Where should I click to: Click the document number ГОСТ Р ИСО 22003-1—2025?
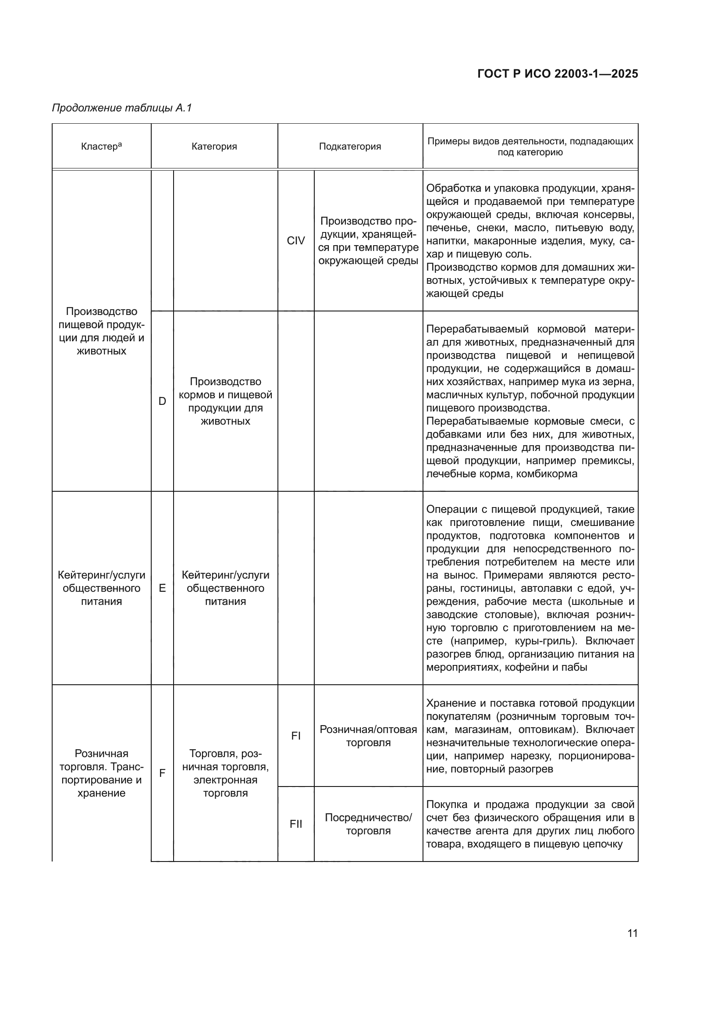(x=558, y=74)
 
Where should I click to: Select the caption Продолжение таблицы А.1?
(x=122, y=108)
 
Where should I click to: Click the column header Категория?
(x=214, y=147)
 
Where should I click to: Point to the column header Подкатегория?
(x=350, y=147)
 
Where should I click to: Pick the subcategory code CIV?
(x=295, y=241)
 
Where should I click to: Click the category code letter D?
(x=162, y=401)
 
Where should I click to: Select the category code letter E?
(x=162, y=588)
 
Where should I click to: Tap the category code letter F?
(x=162, y=773)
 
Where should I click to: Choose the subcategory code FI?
(x=295, y=736)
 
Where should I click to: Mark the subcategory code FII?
(x=295, y=824)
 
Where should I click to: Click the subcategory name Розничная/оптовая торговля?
(x=368, y=736)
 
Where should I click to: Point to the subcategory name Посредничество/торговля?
(x=368, y=824)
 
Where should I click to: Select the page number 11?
(x=632, y=933)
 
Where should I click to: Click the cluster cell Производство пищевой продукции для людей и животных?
(x=101, y=331)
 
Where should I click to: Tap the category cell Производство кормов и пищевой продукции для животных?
(x=225, y=401)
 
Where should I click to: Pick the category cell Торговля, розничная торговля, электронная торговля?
(x=225, y=773)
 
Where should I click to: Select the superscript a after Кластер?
(x=120, y=144)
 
